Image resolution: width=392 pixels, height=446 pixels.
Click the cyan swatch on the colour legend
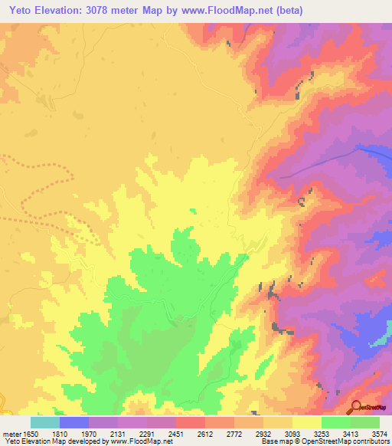(x=44, y=422)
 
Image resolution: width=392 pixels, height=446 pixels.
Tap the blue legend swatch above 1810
(x=73, y=422)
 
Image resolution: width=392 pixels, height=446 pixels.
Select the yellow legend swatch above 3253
(x=306, y=422)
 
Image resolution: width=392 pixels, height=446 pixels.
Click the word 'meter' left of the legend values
(x=10, y=434)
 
